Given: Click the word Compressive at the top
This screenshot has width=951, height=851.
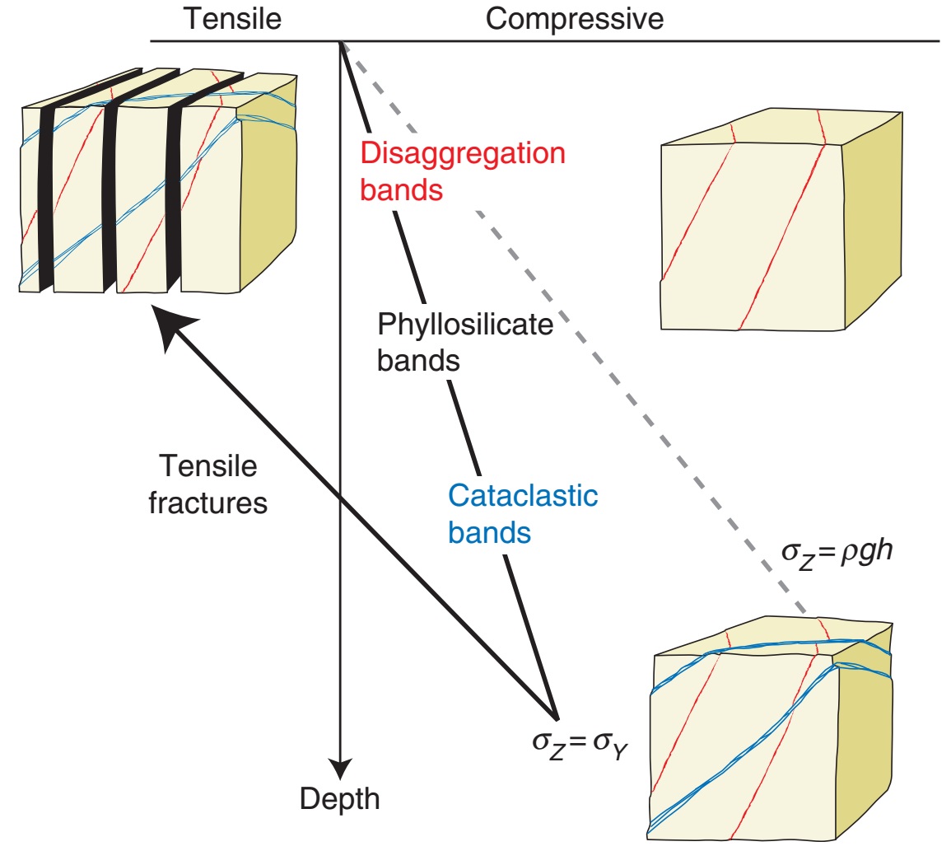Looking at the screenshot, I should coord(574,18).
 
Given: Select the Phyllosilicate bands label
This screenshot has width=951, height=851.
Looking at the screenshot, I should coord(464,342).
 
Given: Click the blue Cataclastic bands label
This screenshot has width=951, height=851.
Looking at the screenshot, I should coord(522,514).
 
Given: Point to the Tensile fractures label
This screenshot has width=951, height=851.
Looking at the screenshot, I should coord(207,484).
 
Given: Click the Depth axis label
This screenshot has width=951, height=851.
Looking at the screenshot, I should coord(340,797).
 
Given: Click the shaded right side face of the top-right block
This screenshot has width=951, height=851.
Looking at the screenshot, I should coord(873,214).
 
